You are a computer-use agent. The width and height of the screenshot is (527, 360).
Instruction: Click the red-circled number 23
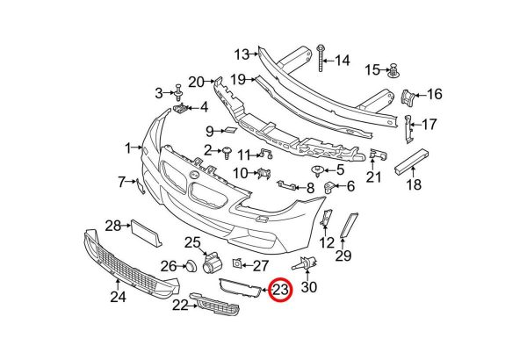tap(281, 290)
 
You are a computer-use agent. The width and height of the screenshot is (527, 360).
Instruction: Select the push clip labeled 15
tap(393, 71)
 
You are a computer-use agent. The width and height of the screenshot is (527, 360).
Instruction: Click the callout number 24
tap(118, 297)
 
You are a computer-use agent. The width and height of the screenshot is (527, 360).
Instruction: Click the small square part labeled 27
tap(237, 263)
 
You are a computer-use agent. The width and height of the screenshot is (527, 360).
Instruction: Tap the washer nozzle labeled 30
tap(305, 263)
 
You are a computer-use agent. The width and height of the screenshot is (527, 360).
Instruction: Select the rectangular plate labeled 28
tap(147, 233)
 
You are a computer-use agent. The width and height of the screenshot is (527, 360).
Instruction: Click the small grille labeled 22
tap(214, 304)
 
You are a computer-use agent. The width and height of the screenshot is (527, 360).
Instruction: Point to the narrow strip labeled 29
tap(350, 225)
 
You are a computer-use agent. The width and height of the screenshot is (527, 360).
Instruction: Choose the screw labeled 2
tap(227, 153)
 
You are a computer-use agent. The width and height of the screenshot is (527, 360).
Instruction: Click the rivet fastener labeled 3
tap(178, 92)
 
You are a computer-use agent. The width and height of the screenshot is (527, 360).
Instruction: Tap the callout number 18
tap(414, 184)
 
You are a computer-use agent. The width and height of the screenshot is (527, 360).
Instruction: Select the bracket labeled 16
tap(408, 96)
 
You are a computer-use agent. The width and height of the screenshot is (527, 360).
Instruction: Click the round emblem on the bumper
tap(193, 175)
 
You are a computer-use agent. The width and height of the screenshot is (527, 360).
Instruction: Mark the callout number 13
tap(242, 54)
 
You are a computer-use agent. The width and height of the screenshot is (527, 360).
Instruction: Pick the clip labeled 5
tap(317, 171)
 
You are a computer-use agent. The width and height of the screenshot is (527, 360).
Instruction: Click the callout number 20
tap(196, 82)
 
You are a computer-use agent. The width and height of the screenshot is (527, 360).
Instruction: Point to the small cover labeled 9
tap(231, 130)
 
